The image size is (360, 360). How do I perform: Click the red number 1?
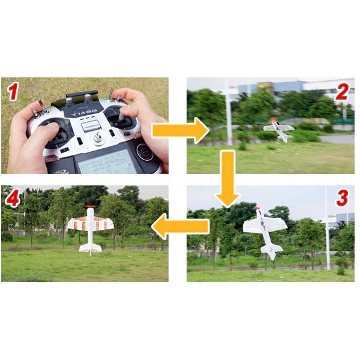click(13, 92)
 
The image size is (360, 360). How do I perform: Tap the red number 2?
click(341, 92)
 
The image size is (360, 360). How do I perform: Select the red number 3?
click(341, 197)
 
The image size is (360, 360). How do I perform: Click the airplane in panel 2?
click(279, 129)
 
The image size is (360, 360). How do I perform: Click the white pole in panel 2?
click(229, 114)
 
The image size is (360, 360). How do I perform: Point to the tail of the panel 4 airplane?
click(91, 246)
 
